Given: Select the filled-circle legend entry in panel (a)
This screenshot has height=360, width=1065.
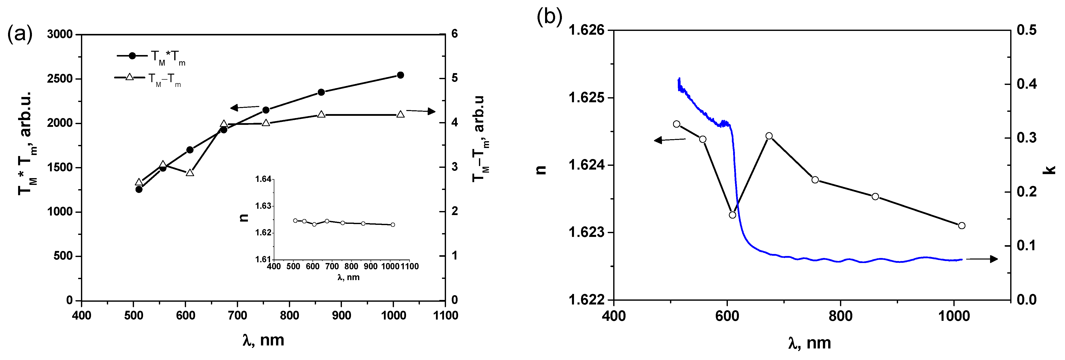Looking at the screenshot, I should (x=132, y=56).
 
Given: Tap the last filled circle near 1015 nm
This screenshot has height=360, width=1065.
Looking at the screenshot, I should (x=400, y=75).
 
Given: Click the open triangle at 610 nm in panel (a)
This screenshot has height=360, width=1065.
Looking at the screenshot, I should (x=190, y=172).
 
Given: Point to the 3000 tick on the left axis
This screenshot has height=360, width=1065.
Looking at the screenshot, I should (x=60, y=34).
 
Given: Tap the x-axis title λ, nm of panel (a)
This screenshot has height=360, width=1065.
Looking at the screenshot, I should (x=263, y=340).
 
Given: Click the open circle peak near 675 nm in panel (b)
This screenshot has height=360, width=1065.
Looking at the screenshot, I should (x=769, y=136).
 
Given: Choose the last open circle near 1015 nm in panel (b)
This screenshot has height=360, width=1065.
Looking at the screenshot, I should (x=962, y=226).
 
